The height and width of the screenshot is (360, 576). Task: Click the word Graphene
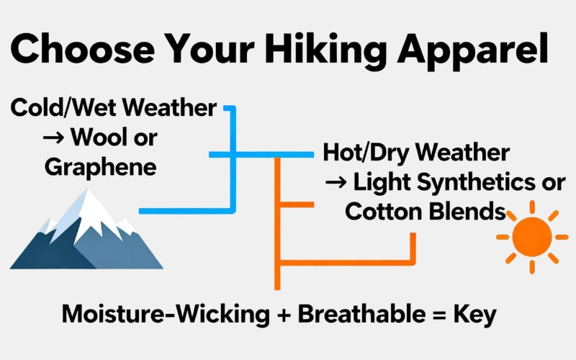coord(100,167)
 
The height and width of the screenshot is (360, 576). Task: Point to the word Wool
coord(107,137)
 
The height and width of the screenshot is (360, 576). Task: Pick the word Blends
coord(468,212)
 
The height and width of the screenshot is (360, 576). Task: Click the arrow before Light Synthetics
coord(336,183)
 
